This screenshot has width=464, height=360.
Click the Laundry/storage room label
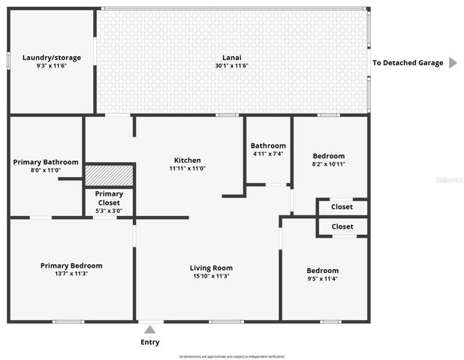51,57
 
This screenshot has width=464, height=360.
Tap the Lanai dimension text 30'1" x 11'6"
231,65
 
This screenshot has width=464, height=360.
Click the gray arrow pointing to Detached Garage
453,62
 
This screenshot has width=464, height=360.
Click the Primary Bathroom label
46,162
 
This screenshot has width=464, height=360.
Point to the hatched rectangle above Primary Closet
109,175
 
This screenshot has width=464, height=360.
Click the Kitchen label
188,160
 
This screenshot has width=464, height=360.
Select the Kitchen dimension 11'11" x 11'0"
188,169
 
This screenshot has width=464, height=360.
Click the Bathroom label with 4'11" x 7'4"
268,145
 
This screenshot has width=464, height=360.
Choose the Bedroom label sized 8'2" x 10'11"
329,155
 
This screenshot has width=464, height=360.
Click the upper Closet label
342,207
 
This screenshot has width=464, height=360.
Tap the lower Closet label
342,226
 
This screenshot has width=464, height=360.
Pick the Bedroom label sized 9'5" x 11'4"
322,270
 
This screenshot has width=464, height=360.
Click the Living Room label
211,268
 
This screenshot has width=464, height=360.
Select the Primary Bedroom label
71,265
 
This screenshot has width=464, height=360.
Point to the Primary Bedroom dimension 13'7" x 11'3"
71,274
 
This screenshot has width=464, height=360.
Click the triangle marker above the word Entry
150,328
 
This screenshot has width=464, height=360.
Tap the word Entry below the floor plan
150,342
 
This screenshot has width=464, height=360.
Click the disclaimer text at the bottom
232,356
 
